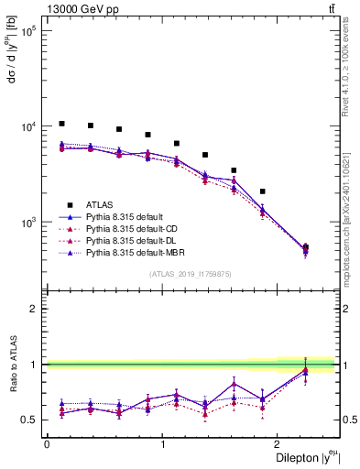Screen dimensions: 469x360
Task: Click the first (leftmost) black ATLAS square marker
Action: point(61,124)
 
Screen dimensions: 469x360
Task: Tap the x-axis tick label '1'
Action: point(163,444)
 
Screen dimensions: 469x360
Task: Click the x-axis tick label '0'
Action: point(47,444)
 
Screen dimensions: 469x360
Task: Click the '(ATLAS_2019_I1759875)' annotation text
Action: point(191,273)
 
